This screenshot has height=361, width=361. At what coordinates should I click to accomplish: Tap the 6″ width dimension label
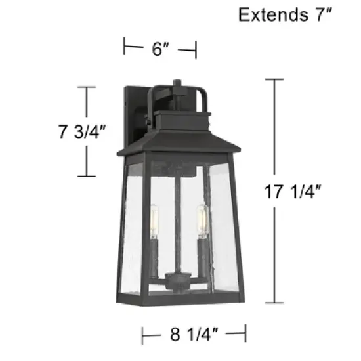[159, 48]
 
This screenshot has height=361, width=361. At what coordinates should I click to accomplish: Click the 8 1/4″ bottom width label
[194, 335]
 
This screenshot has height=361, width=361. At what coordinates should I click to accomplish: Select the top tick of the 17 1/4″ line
[274, 79]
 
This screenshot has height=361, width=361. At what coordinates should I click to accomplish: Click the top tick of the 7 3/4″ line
[87, 87]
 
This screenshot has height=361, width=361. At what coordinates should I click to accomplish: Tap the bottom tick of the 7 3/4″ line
[87, 176]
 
